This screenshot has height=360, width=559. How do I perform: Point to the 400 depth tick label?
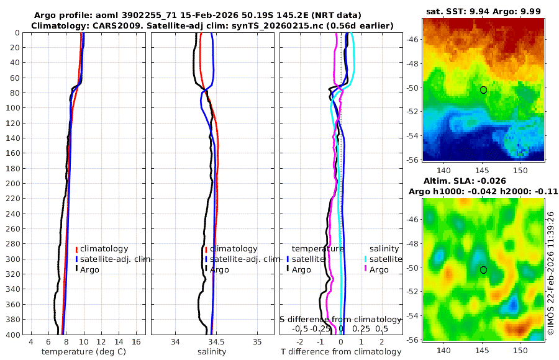click(11, 335)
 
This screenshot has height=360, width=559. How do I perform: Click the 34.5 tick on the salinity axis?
click(216, 341)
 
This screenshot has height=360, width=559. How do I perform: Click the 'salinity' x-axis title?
click(212, 352)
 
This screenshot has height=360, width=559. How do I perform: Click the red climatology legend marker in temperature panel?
click(76, 249)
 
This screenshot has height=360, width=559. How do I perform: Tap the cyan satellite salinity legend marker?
click(366, 259)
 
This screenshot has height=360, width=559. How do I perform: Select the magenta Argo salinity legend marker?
click(366, 269)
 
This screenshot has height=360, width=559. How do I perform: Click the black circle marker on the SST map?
click(483, 90)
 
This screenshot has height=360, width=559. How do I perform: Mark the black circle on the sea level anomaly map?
click(483, 269)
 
